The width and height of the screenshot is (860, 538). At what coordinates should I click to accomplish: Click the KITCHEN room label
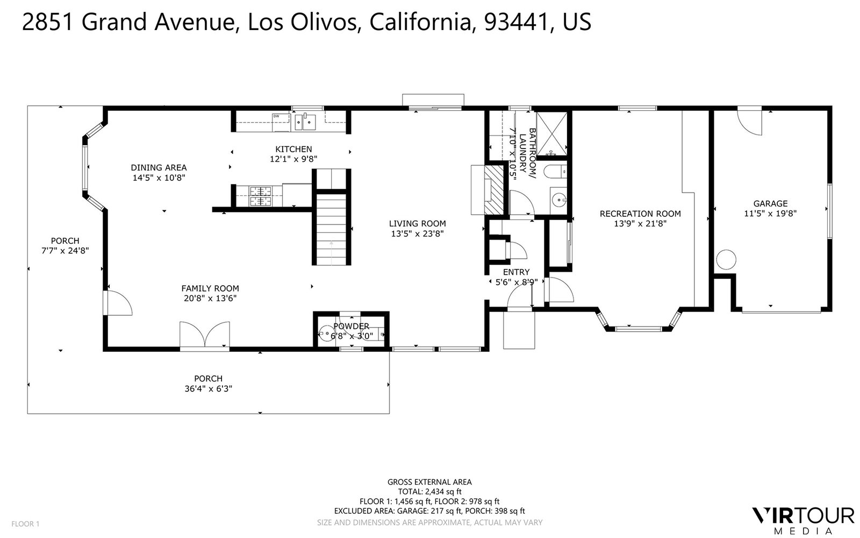tap(293, 149)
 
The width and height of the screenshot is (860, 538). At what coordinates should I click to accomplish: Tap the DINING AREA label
tap(159, 167)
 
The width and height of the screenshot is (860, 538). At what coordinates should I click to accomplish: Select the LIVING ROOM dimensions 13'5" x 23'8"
tap(417, 233)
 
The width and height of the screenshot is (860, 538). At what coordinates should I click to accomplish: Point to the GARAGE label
tap(770, 204)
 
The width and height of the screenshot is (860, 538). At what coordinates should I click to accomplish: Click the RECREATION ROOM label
tap(640, 214)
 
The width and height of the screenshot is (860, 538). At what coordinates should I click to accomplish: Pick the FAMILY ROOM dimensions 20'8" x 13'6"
tap(210, 298)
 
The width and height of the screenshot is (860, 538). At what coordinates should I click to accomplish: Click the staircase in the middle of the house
tap(331, 229)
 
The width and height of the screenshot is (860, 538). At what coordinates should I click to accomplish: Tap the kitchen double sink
tap(305, 122)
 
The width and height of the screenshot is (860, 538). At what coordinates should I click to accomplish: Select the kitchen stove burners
tap(260, 196)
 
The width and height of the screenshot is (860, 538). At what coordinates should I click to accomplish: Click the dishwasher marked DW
tap(281, 122)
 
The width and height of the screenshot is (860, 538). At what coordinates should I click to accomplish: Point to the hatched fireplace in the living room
tap(494, 190)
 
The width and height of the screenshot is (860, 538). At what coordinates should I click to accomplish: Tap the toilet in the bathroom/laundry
tap(555, 171)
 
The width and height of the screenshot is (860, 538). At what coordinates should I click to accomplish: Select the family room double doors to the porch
tap(205, 335)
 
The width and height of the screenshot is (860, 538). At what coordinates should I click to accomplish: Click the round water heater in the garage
tap(726, 259)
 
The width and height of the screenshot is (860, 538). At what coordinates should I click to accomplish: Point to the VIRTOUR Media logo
tap(803, 520)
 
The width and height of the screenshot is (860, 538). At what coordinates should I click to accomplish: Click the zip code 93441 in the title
tap(515, 22)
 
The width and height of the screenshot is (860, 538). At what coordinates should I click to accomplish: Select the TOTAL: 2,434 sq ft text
tap(429, 492)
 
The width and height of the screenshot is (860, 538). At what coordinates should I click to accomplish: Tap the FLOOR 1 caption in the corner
tap(25, 524)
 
